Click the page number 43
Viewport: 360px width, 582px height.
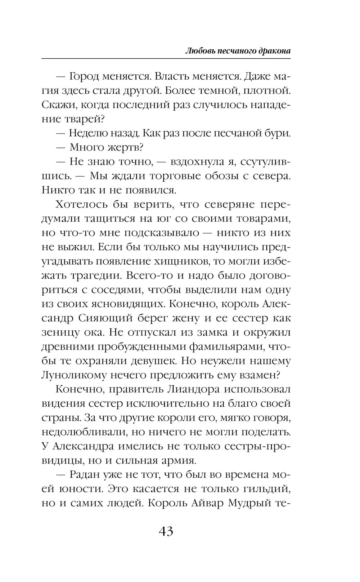pyautogui.click(x=166, y=531)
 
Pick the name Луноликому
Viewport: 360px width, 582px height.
pyautogui.click(x=76, y=375)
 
